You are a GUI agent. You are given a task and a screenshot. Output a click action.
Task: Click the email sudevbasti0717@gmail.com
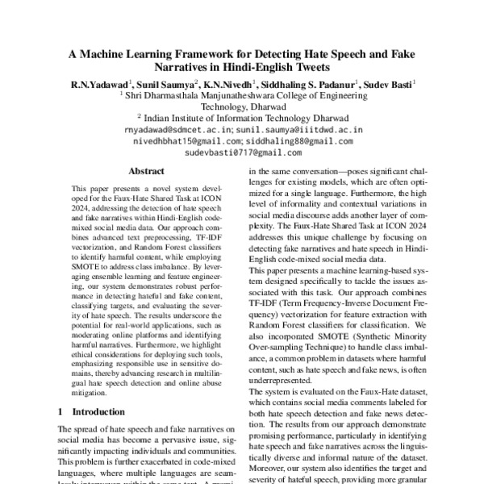[x=243, y=152]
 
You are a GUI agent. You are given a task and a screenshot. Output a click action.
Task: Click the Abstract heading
[x=146, y=171]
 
